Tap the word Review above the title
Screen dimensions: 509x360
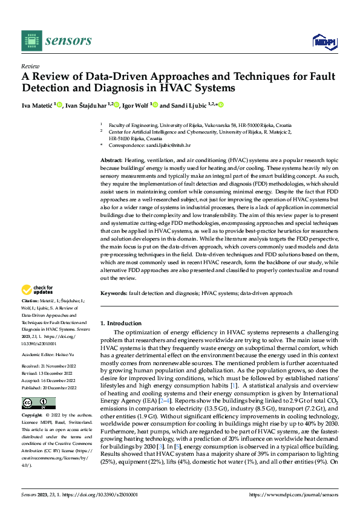point(30,66)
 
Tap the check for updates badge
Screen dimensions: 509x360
point(38,290)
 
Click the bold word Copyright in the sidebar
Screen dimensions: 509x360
point(32,399)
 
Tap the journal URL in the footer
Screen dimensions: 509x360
point(293,493)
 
